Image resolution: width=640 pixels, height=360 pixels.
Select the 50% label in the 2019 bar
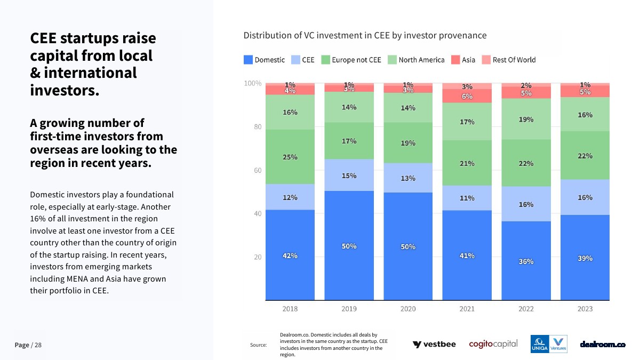(349, 246)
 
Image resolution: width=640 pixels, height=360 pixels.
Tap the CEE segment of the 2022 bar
(526, 204)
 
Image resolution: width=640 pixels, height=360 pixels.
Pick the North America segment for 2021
(467, 122)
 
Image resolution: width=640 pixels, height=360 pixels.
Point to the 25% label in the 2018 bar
(290, 157)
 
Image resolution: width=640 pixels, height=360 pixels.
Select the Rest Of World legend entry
(509, 60)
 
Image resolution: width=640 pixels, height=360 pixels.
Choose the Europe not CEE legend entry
(351, 60)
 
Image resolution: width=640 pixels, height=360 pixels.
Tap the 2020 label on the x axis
(408, 309)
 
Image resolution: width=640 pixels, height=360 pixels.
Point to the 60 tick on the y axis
(258, 171)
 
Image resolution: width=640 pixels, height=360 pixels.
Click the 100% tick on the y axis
(253, 84)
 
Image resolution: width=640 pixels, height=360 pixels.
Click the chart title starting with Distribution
(365, 36)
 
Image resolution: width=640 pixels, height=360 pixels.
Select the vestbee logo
(434, 345)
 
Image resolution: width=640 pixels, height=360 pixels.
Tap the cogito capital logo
(493, 344)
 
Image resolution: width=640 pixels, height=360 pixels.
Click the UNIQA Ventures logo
(549, 344)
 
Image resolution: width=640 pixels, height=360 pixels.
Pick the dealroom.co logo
(603, 345)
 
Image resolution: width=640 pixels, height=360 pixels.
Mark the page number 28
(38, 345)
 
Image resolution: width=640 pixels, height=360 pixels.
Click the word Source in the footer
(258, 345)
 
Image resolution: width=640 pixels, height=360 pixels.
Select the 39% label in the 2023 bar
(585, 258)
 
